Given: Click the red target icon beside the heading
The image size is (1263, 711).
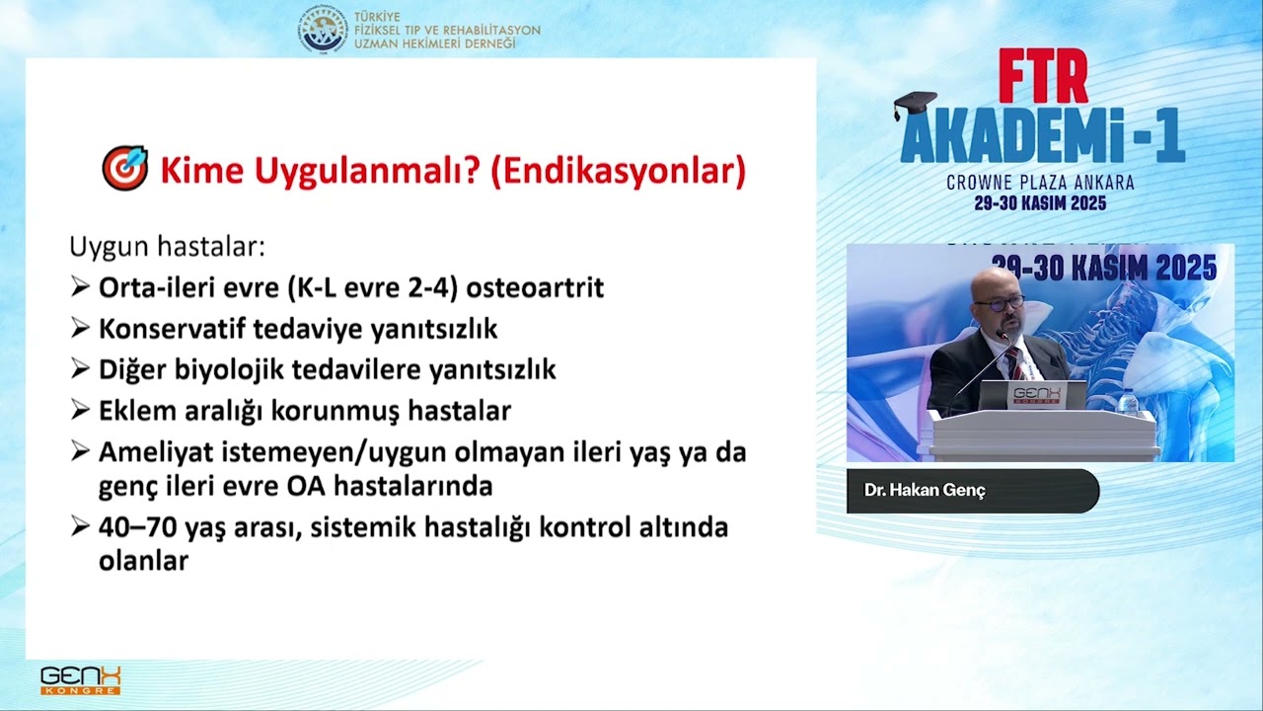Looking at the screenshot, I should [124, 169].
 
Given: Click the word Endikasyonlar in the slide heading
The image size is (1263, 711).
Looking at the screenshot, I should [617, 170].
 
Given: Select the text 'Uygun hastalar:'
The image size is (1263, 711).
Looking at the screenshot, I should [167, 246].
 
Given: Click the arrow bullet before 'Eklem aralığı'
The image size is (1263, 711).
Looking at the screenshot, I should [80, 410].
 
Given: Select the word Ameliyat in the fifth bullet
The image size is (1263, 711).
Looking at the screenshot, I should [151, 452].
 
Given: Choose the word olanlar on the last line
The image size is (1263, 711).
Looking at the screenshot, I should [143, 561].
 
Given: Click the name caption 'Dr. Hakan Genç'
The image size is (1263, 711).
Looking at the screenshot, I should [925, 491].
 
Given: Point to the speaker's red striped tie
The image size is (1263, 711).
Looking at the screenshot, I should [1013, 362].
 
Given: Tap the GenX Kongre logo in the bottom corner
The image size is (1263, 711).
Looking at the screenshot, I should [81, 679].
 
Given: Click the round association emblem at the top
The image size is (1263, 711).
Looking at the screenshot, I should [324, 29].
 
